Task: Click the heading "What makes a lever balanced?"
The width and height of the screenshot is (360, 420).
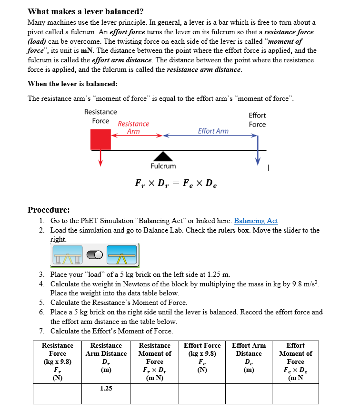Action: tap(86, 11)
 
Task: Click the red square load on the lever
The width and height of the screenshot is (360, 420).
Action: tap(100, 140)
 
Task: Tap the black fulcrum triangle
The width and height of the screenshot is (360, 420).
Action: tap(163, 156)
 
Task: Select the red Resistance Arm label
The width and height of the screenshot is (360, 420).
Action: tap(133, 127)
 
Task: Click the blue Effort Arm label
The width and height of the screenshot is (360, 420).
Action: tap(213, 131)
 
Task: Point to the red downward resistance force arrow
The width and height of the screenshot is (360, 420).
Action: tap(100, 159)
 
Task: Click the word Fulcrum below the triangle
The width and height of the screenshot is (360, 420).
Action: tap(163, 166)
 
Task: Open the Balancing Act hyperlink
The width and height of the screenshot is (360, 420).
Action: tap(256, 221)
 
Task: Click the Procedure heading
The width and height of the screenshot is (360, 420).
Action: tap(49, 210)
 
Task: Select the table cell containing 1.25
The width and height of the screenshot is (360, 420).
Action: tap(106, 389)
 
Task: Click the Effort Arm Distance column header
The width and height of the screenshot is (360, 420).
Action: tap(249, 353)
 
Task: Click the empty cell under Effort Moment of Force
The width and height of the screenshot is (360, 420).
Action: tap(295, 394)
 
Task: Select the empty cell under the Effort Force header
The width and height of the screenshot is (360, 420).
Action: tap(202, 394)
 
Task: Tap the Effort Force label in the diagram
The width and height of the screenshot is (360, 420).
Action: tap(257, 120)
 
